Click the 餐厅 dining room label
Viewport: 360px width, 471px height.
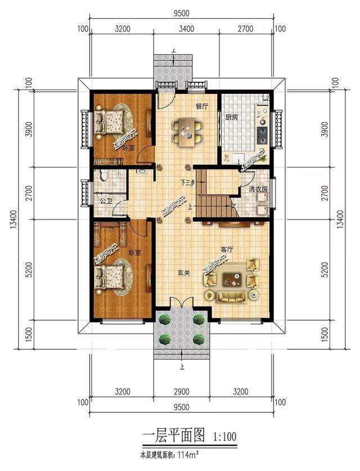[x=201, y=106]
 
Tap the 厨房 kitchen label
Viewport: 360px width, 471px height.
[x=232, y=118]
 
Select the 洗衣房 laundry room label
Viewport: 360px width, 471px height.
[x=258, y=189]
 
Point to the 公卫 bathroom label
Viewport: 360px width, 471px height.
[x=105, y=200]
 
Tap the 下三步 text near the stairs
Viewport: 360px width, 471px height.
[x=187, y=182]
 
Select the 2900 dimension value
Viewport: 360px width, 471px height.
[x=181, y=390]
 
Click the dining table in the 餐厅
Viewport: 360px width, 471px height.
[x=187, y=132]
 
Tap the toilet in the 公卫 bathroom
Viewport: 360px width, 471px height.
[x=102, y=176]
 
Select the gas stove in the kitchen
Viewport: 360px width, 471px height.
[x=262, y=134]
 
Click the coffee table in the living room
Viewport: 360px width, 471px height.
[x=231, y=276]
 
